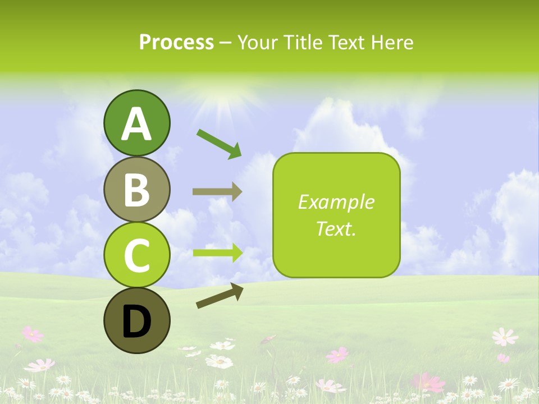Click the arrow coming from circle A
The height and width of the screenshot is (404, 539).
click(x=219, y=143)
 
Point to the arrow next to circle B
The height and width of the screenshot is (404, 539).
click(x=217, y=192)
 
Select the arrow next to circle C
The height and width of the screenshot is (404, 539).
click(x=217, y=253)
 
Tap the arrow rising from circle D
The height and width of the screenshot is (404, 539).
click(x=220, y=296)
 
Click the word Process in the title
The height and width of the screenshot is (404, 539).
click(x=176, y=43)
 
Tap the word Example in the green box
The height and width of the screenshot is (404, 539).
click(x=336, y=202)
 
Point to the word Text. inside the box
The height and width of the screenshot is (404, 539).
click(x=336, y=229)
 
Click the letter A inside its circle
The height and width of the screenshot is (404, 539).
click(x=136, y=125)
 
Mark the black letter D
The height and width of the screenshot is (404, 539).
click(x=136, y=322)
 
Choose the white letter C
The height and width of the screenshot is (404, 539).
click(x=136, y=256)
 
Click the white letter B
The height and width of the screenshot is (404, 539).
click(x=136, y=190)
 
